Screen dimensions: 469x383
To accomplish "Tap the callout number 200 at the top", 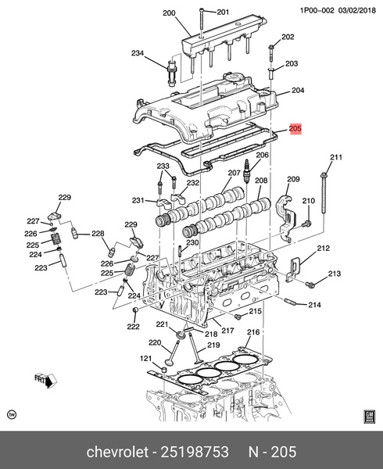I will [170, 13].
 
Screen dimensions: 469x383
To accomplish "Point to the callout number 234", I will [138, 53].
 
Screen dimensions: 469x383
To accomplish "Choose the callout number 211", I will [335, 159].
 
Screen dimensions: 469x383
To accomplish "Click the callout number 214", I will [315, 305].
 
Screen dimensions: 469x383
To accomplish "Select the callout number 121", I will [145, 359].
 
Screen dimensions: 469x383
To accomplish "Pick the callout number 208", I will [261, 181].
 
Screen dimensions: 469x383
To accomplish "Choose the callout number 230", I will [192, 242].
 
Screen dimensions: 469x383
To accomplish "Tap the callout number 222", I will [134, 324].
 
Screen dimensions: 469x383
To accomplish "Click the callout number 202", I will [288, 38].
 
